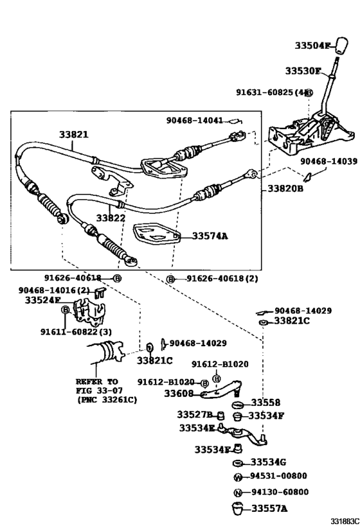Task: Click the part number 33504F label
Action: point(312,46)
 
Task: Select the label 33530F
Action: point(302,71)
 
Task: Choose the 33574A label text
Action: point(210,236)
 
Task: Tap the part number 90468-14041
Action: point(195,120)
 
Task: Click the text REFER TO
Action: point(96,381)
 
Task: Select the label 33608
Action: point(181,394)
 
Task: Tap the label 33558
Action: point(265,403)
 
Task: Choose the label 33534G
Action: point(269,462)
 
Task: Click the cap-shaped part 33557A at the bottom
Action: point(237,508)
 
